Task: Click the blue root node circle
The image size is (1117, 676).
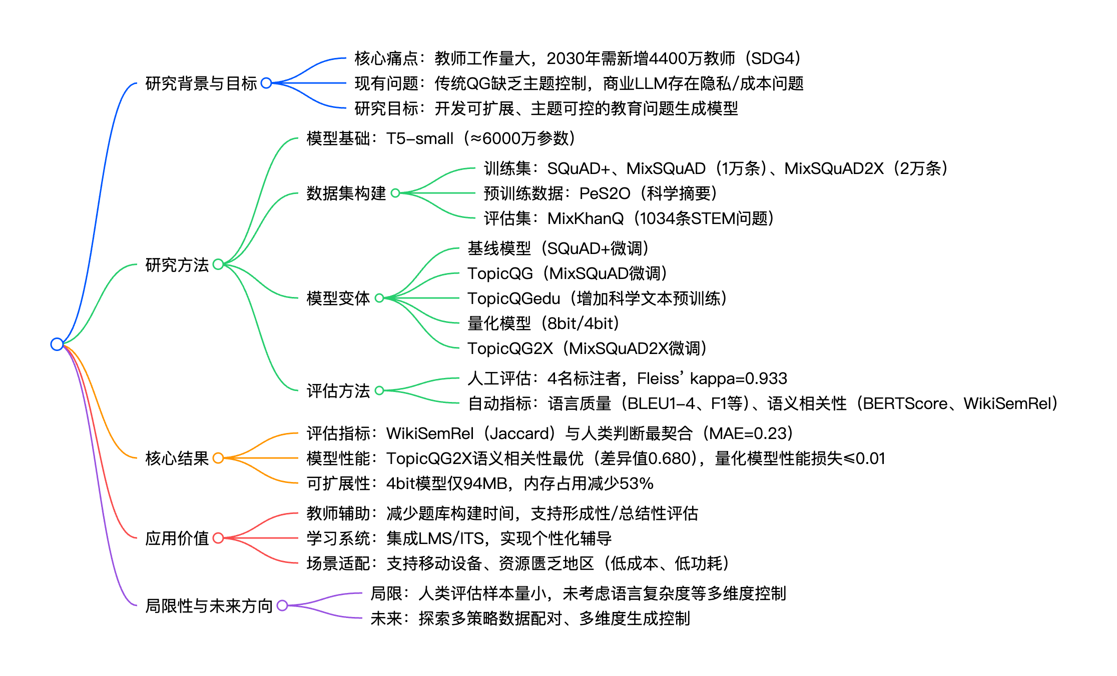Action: (x=57, y=344)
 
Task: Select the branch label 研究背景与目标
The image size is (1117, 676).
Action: (x=201, y=83)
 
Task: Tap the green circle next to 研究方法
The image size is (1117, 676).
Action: (x=218, y=264)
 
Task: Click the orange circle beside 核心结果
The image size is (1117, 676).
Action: (x=218, y=458)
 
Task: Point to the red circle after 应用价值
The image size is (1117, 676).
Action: (x=218, y=538)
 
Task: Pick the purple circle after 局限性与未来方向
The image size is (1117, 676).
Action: (x=282, y=605)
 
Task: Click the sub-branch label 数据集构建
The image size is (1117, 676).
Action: (x=346, y=193)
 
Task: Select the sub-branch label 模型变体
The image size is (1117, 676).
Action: (x=338, y=298)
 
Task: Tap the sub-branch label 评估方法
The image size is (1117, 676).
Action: (x=338, y=390)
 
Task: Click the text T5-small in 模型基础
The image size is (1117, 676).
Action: (x=419, y=138)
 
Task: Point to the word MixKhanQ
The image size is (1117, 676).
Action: (x=586, y=218)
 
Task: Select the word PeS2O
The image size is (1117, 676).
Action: (x=605, y=193)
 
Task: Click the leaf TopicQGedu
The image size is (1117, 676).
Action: (x=513, y=298)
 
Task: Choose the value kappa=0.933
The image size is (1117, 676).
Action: (x=738, y=378)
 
